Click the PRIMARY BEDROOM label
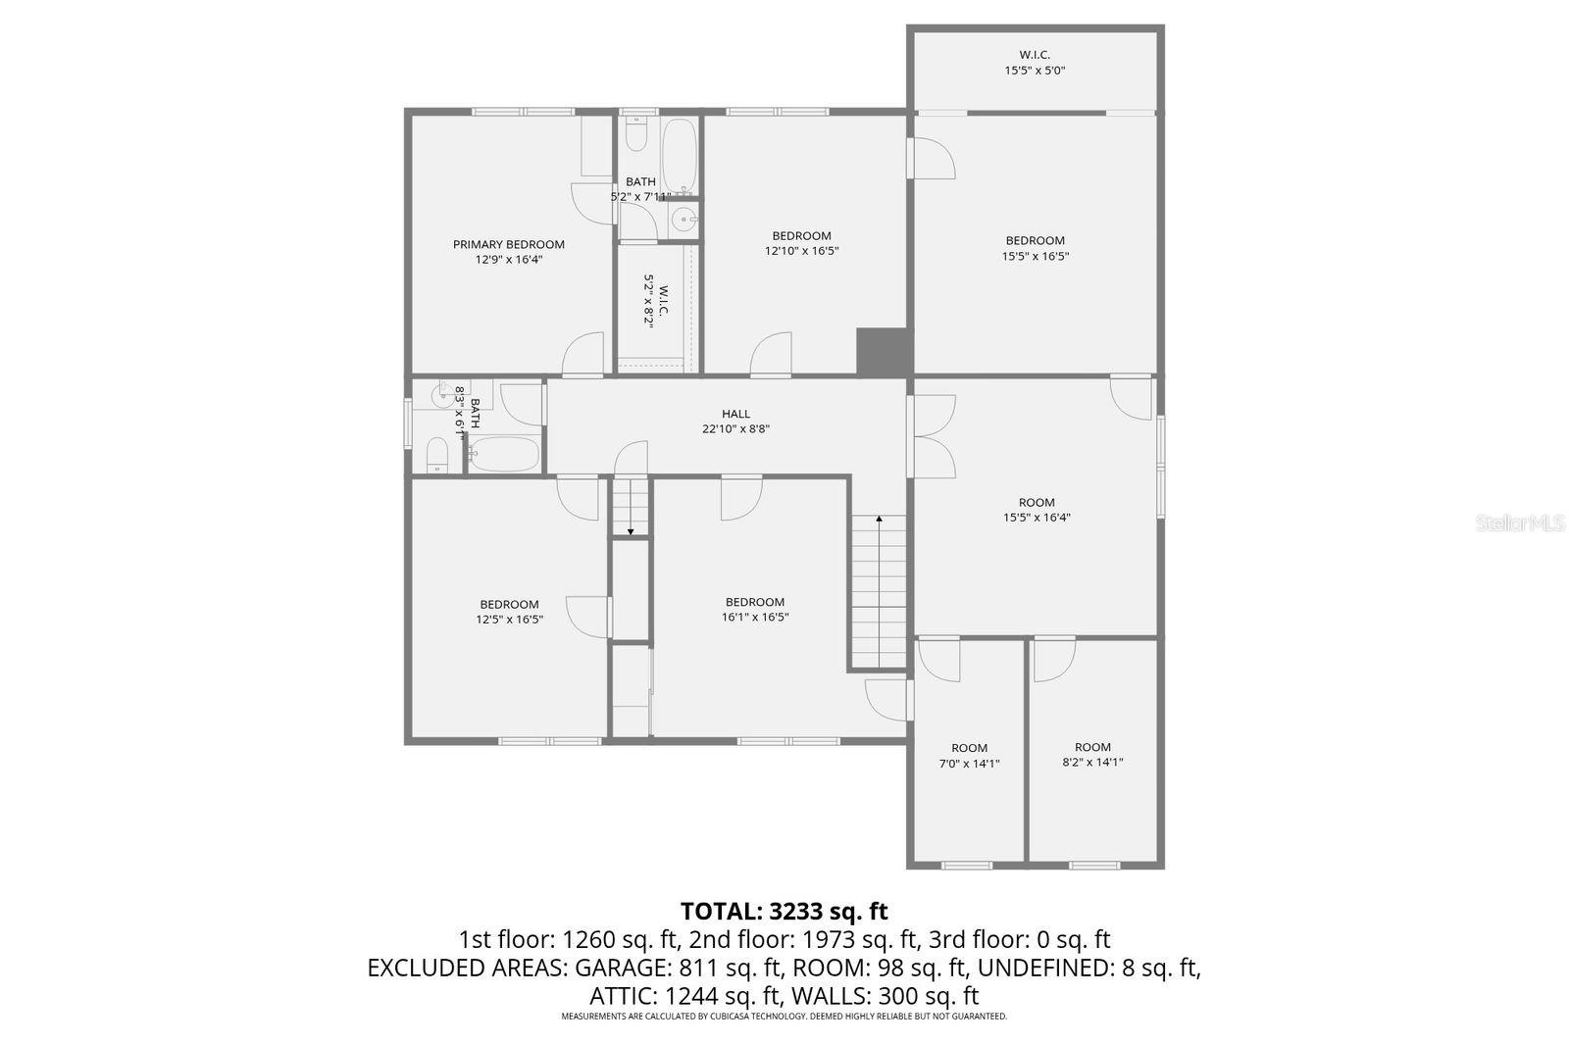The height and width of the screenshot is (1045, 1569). click(508, 244)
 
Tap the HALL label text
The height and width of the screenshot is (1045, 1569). click(735, 414)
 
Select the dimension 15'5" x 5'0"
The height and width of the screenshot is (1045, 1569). click(1034, 71)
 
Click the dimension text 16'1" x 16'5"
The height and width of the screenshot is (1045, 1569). click(755, 618)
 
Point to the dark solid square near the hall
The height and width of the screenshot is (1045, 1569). click(884, 351)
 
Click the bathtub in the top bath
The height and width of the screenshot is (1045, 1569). click(679, 157)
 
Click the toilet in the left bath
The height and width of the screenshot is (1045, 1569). click(437, 455)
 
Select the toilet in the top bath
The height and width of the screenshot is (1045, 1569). click(636, 135)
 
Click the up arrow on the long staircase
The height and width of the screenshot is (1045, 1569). click(879, 519)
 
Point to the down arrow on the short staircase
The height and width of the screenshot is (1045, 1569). click(631, 531)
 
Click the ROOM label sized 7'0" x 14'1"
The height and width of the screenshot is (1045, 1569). click(969, 748)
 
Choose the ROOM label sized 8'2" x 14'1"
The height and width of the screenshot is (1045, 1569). click(1092, 747)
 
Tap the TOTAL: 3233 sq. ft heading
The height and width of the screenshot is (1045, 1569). click(784, 912)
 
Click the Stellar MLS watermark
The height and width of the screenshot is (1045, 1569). click(1520, 523)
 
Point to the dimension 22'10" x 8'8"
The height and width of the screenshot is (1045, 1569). click(735, 428)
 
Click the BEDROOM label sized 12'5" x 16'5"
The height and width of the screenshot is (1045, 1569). click(509, 604)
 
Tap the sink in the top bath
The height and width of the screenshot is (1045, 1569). click(684, 220)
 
